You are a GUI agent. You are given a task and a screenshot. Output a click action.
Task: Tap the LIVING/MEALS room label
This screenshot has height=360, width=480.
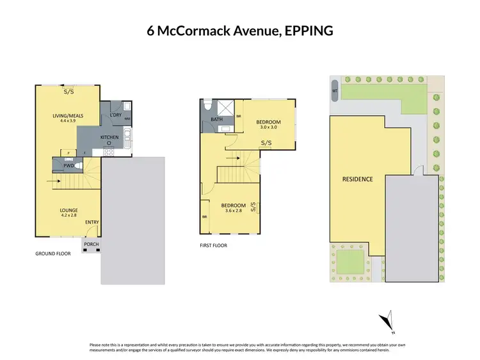(68, 115)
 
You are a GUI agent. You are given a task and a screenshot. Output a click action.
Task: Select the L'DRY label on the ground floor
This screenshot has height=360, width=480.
(116, 115)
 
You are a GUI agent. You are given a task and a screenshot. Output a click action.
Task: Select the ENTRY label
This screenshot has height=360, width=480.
(92, 222)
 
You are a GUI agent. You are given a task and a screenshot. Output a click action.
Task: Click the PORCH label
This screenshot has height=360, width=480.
(90, 244)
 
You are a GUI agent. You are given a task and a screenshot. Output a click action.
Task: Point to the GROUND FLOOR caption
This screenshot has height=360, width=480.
(52, 254)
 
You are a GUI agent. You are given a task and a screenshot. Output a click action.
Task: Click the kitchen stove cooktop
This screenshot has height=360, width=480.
(109, 143)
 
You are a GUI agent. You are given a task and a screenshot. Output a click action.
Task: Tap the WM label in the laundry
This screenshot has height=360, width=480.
(126, 119)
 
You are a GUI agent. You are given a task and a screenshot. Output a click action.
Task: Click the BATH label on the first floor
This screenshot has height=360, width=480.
(216, 119)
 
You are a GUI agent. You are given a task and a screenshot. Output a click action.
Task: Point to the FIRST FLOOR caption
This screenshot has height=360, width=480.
(214, 245)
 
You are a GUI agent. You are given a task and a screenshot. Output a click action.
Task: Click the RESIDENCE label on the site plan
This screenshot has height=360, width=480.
(357, 179)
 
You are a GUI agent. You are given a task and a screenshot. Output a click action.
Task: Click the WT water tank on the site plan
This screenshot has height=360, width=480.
(334, 91)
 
